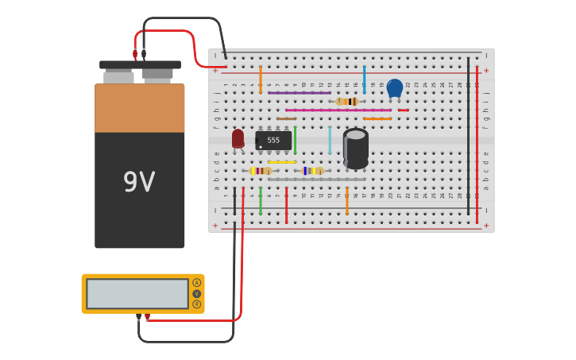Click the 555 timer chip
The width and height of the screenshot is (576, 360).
tap(273, 141)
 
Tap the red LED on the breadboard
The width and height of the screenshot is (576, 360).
tap(238, 138)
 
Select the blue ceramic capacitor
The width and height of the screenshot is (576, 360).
tap(394, 87)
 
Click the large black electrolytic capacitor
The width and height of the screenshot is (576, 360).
tap(356, 149)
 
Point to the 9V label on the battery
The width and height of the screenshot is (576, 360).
tap(139, 183)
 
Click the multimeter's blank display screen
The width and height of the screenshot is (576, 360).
tap(137, 293)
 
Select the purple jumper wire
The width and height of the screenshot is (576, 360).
tap(300, 93)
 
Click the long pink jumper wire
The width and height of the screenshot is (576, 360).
tap(338, 110)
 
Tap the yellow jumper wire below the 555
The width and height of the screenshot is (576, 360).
tap(282, 162)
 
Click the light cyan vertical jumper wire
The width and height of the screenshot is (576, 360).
tap(330, 140)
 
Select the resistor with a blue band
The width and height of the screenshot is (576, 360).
tap(312, 171)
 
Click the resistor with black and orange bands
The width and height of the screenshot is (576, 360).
tap(347, 102)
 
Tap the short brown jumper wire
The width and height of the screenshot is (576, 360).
tap(287, 119)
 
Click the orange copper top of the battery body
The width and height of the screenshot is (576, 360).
tap(140, 108)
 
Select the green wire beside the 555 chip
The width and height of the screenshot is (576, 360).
tap(295, 140)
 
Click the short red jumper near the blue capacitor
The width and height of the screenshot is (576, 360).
tap(404, 110)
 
